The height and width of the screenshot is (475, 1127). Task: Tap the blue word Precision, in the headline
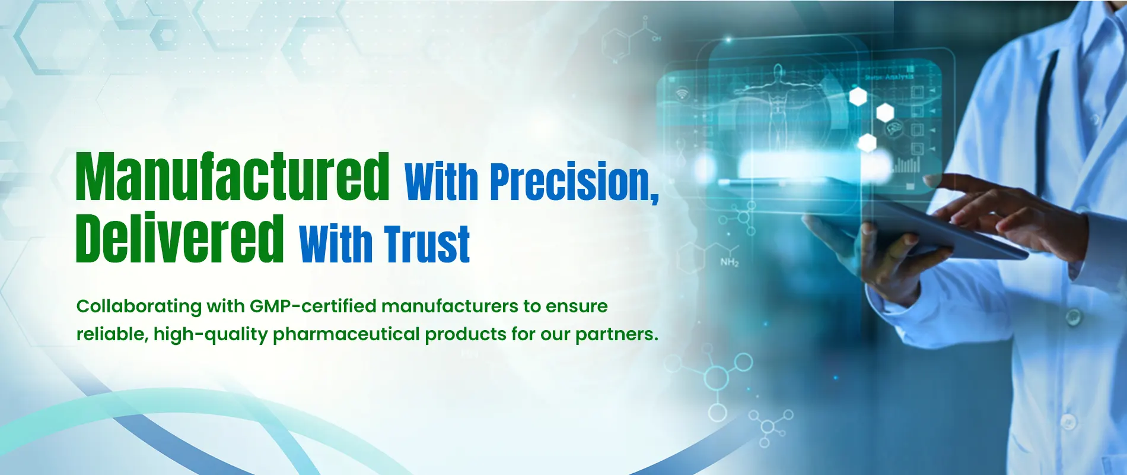pyautogui.click(x=574, y=181)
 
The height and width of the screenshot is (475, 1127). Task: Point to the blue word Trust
pyautogui.click(x=427, y=243)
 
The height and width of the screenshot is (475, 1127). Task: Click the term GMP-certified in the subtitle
pyautogui.click(x=313, y=306)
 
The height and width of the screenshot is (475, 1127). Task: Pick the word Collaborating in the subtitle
pyautogui.click(x=139, y=306)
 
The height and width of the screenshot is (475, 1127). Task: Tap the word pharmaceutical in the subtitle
pyautogui.click(x=346, y=334)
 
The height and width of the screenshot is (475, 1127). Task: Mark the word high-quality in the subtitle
pyautogui.click(x=211, y=335)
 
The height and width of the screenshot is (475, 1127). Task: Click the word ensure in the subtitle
pyautogui.click(x=577, y=307)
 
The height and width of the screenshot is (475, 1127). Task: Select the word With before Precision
pyautogui.click(x=441, y=182)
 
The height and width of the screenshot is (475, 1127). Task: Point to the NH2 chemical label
pyautogui.click(x=730, y=262)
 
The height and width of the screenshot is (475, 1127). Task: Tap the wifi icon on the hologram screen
pyautogui.click(x=683, y=94)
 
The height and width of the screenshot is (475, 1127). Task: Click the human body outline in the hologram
pyautogui.click(x=778, y=107)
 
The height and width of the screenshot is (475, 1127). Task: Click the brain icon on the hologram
pyautogui.click(x=893, y=128)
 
